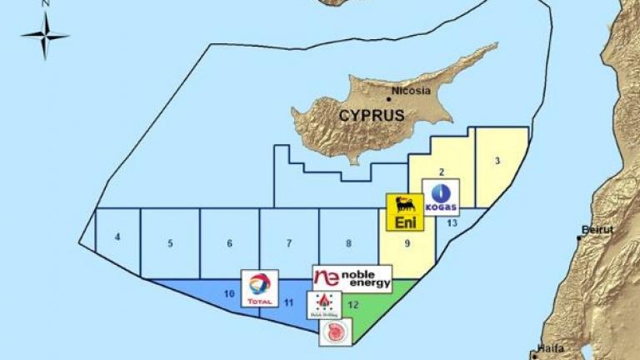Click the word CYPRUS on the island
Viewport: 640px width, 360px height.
[371, 116]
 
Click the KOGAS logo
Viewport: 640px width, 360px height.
[440, 197]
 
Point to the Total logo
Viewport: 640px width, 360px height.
[259, 288]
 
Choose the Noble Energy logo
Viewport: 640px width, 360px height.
[352, 278]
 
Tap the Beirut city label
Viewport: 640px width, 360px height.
[597, 229]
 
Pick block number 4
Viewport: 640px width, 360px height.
[117, 237]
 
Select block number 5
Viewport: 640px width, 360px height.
[170, 244]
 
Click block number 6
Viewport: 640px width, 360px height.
[229, 244]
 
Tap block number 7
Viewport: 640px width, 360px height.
[289, 244]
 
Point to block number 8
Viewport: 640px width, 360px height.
[348, 244]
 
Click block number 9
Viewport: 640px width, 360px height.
[407, 244]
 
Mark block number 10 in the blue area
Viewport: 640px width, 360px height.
[229, 293]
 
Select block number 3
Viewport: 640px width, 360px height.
[497, 161]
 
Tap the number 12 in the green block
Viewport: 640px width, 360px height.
[353, 305]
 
